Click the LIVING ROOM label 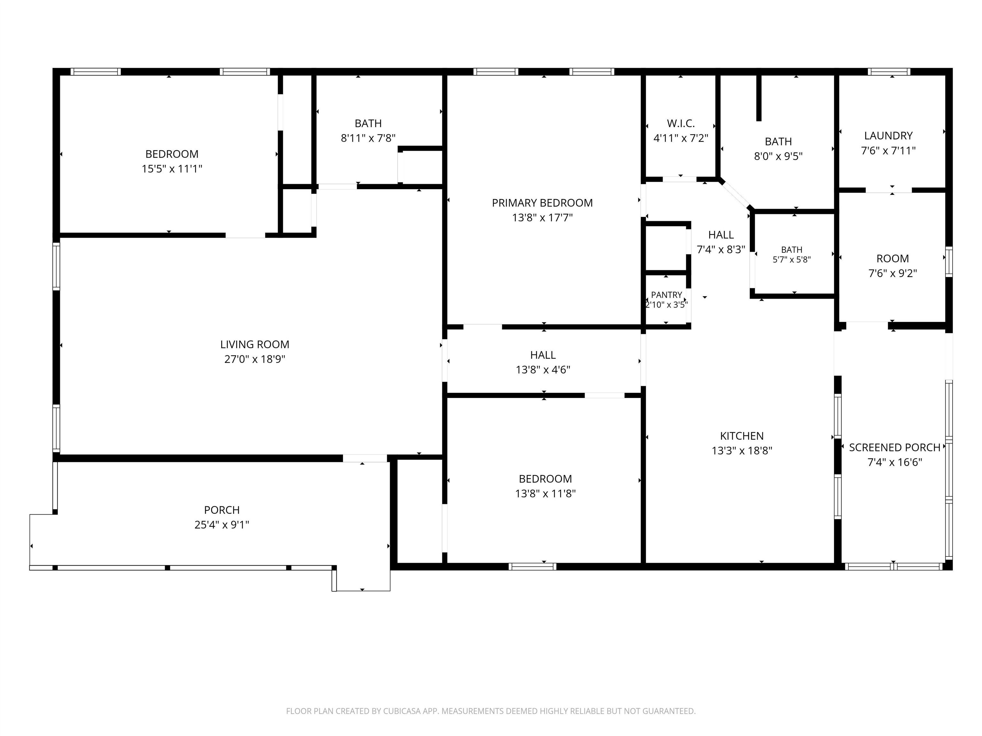pos(254,344)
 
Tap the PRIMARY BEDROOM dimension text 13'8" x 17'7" pos(542,218)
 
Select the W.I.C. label pos(681,123)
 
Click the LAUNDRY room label pos(888,136)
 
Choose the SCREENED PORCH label pos(894,448)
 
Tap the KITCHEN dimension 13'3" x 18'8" pos(742,451)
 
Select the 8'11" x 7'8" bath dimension pos(368,138)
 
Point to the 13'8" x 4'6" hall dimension pos(542,370)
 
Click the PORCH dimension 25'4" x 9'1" pos(222,525)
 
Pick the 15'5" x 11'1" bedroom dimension pos(172,169)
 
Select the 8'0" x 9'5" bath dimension pos(778,157)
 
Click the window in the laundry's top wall pos(889,72)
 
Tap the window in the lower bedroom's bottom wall pos(532,566)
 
